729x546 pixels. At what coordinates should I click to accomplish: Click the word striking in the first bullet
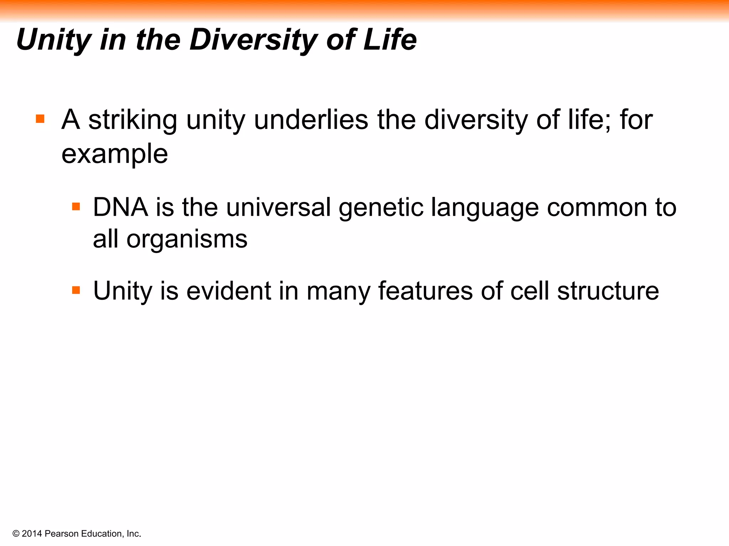coord(132,120)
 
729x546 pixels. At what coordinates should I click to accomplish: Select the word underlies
coord(311,120)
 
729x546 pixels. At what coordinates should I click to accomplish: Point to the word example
coord(114,154)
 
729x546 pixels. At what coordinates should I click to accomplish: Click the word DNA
coord(120,207)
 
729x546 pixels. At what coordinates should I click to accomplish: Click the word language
coord(485,208)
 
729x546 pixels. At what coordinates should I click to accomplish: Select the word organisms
coord(187,240)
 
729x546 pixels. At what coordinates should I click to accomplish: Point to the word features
coord(425,291)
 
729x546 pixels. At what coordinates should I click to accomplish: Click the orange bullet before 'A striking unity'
coord(40,119)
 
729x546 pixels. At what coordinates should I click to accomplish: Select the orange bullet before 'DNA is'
coord(76,207)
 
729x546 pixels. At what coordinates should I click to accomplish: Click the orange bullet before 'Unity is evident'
coord(76,290)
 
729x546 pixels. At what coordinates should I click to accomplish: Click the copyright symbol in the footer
coord(16,534)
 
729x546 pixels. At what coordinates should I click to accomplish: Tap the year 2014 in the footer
coord(32,534)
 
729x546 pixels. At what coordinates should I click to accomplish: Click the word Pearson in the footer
coord(62,534)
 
